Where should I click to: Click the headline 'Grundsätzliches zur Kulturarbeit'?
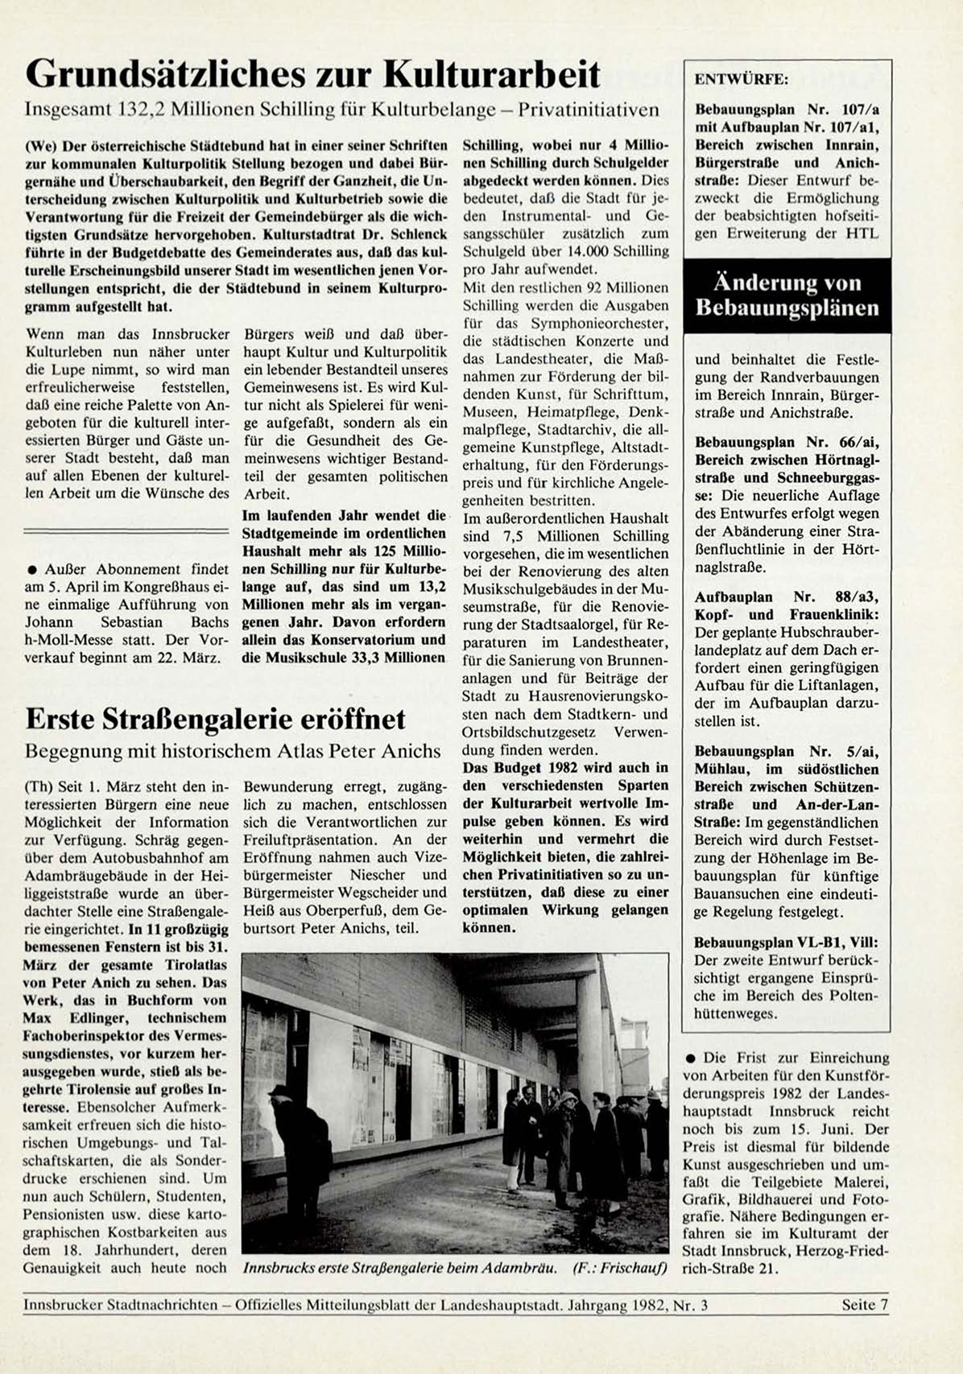point(312,75)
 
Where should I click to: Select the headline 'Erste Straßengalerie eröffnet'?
point(215,719)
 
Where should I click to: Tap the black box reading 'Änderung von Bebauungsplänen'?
point(787,295)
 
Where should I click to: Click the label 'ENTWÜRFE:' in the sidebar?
point(742,80)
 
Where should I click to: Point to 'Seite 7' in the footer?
point(864,1305)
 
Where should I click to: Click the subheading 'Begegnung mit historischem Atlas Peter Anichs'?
point(233,751)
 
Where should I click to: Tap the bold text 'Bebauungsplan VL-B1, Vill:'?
point(786,943)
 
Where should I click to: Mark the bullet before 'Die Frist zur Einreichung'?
point(692,1058)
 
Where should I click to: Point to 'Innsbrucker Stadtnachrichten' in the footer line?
point(121,1305)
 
